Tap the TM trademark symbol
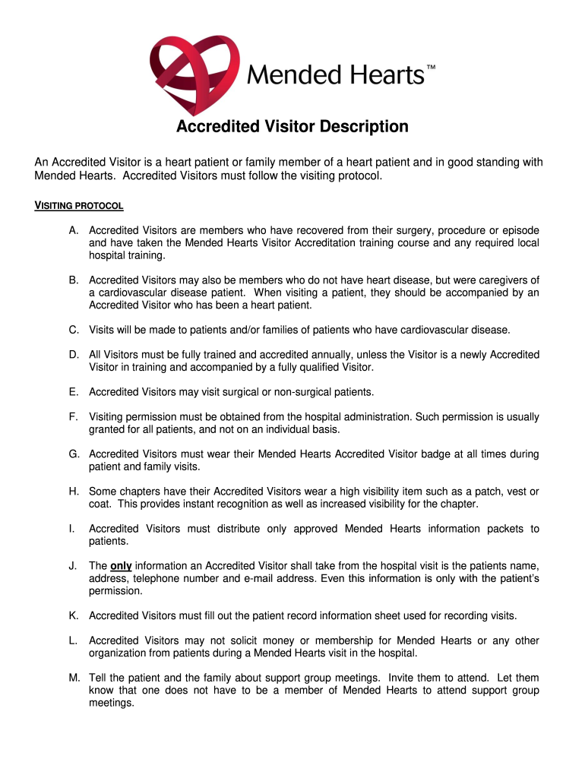point(431,69)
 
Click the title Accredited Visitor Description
point(292,126)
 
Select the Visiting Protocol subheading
point(80,207)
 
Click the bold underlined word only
point(121,565)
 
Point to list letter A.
point(73,230)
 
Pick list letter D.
point(74,355)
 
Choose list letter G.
point(74,454)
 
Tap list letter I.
point(71,528)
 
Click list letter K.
point(73,615)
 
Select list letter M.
point(74,677)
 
